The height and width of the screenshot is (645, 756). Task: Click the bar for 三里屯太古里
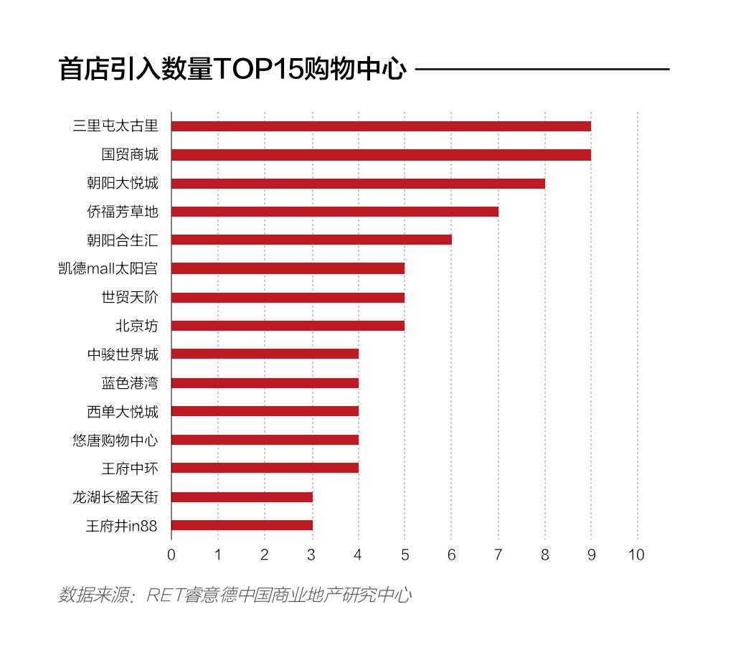[381, 126]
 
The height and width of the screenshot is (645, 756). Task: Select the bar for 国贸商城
[381, 155]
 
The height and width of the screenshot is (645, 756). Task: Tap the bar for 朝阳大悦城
[358, 183]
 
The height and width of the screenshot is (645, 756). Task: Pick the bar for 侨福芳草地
[335, 212]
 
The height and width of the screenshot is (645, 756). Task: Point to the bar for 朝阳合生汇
[311, 240]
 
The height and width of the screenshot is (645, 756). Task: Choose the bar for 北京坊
[288, 326]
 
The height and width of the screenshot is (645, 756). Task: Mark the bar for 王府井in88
[242, 525]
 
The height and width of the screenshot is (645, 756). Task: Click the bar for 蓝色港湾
[265, 382]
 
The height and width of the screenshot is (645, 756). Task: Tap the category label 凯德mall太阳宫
[108, 268]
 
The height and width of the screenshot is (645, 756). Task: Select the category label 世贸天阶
[130, 297]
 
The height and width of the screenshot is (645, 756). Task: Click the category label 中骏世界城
[123, 354]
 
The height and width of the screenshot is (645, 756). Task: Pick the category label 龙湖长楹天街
[115, 496]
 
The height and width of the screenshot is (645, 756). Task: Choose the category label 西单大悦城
[123, 411]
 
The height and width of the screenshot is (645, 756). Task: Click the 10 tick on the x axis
[636, 555]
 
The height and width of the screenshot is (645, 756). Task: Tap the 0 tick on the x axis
[171, 555]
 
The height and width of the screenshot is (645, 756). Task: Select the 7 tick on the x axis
[498, 555]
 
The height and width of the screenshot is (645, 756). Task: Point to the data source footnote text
[235, 595]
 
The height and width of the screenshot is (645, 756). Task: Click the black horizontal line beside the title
[542, 70]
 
